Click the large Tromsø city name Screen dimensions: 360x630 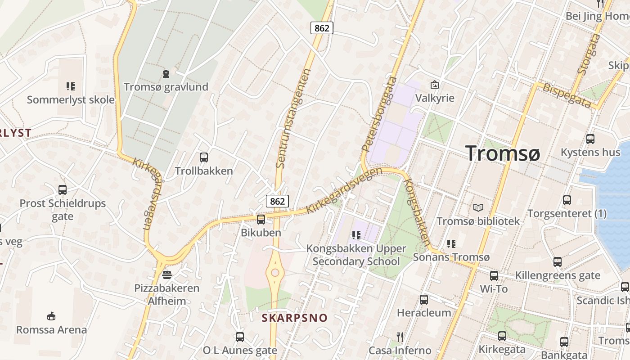click(502, 153)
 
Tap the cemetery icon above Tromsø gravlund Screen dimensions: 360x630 click(166, 73)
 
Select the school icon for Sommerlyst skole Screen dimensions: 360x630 click(70, 86)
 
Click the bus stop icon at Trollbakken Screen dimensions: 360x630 click(204, 157)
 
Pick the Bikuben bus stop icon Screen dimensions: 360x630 click(261, 219)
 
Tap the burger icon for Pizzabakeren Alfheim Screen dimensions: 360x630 click(167, 274)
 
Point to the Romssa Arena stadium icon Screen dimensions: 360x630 click(51, 316)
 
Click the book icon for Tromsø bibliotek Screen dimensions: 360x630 click(478, 207)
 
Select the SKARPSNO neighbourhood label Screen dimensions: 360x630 click(295, 318)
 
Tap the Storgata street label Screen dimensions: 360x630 click(589, 54)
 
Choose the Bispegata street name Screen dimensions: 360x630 click(567, 95)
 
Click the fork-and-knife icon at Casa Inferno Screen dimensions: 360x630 click(400, 337)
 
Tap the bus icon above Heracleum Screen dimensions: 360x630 click(423, 299)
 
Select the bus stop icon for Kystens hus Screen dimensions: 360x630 click(590, 139)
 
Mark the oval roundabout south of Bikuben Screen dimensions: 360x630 click(274, 272)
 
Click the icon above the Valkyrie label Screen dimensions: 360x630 click(435, 84)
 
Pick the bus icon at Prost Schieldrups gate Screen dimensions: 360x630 click(63, 189)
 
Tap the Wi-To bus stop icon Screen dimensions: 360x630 click(494, 275)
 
